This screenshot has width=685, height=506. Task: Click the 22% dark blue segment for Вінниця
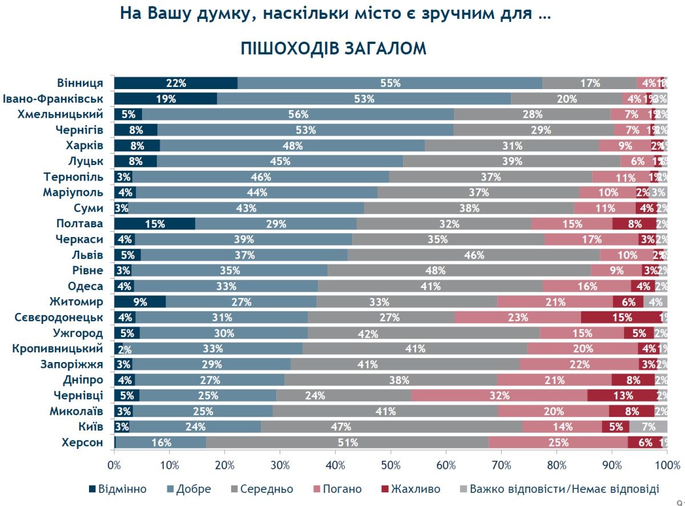(x=176, y=83)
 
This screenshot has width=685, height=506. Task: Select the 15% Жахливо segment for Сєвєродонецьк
(x=622, y=318)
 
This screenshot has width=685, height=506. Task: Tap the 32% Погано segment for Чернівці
(x=499, y=395)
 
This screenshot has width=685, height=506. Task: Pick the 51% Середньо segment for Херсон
(x=347, y=443)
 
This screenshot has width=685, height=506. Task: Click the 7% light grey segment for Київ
(x=648, y=427)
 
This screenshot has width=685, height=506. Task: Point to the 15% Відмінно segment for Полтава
(x=155, y=224)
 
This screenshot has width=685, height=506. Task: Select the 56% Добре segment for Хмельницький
(x=298, y=114)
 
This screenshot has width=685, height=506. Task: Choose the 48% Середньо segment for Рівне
(x=459, y=271)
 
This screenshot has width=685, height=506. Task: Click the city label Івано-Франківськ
(x=53, y=99)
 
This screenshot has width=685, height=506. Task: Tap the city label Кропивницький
(x=57, y=348)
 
